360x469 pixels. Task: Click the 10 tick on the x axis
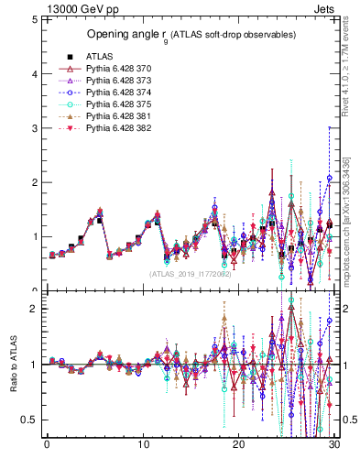tap(143, 447)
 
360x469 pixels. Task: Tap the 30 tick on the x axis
tap(334, 447)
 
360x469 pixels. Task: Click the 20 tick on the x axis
tap(238, 447)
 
